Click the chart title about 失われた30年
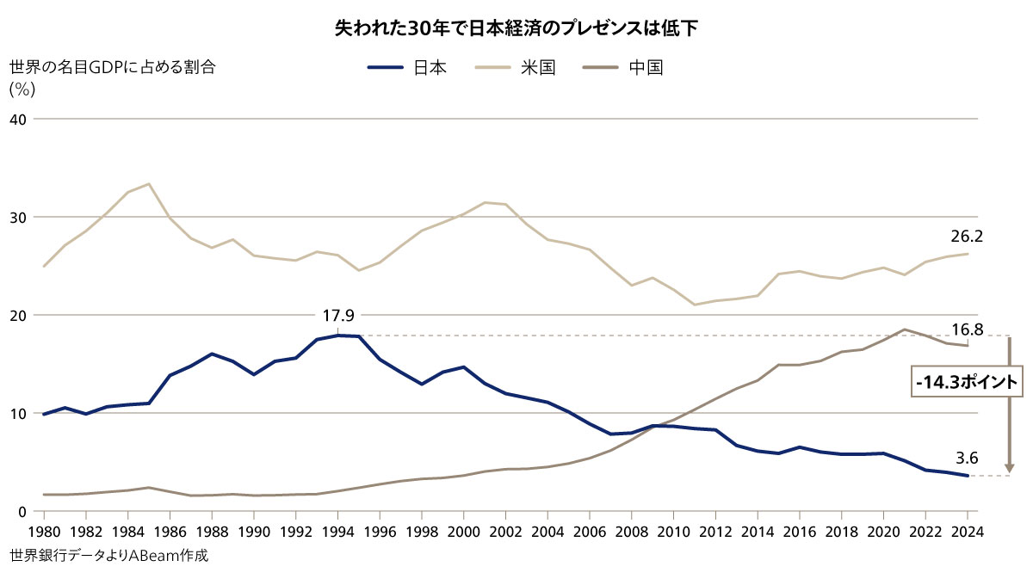(x=516, y=28)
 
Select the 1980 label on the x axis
(x=43, y=530)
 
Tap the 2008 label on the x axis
(x=632, y=530)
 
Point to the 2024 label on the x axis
(x=968, y=530)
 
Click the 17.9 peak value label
(x=337, y=317)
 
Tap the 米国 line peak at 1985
(x=149, y=184)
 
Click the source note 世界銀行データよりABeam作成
(x=110, y=556)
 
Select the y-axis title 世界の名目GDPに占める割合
(x=112, y=68)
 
